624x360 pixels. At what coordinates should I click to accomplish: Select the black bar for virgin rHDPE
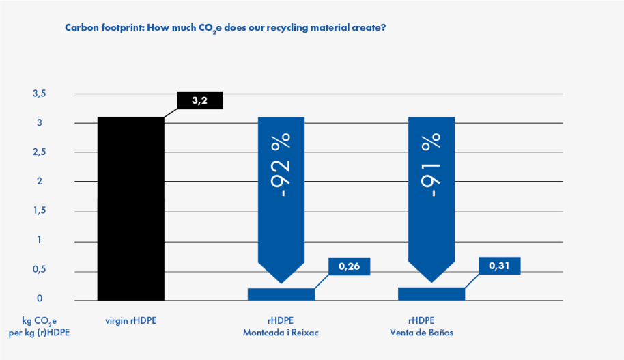click(131, 208)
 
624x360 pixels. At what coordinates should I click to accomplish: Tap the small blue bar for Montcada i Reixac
click(281, 294)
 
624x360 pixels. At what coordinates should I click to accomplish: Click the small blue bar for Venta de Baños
click(431, 294)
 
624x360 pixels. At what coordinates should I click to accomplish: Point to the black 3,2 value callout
click(199, 100)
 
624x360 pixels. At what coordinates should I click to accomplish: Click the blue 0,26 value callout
click(350, 266)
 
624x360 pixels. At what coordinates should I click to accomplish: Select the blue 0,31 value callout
click(500, 266)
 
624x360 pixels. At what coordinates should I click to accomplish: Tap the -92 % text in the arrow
click(281, 166)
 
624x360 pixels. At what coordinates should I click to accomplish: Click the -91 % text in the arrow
click(431, 166)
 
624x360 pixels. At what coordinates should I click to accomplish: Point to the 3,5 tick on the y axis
click(39, 94)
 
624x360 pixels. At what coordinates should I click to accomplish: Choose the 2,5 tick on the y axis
click(39, 152)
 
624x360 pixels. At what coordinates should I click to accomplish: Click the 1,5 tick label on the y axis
click(39, 211)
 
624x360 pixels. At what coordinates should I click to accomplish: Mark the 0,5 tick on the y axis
click(39, 270)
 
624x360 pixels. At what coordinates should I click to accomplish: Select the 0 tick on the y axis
click(40, 299)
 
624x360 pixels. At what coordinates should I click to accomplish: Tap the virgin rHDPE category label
click(131, 320)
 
